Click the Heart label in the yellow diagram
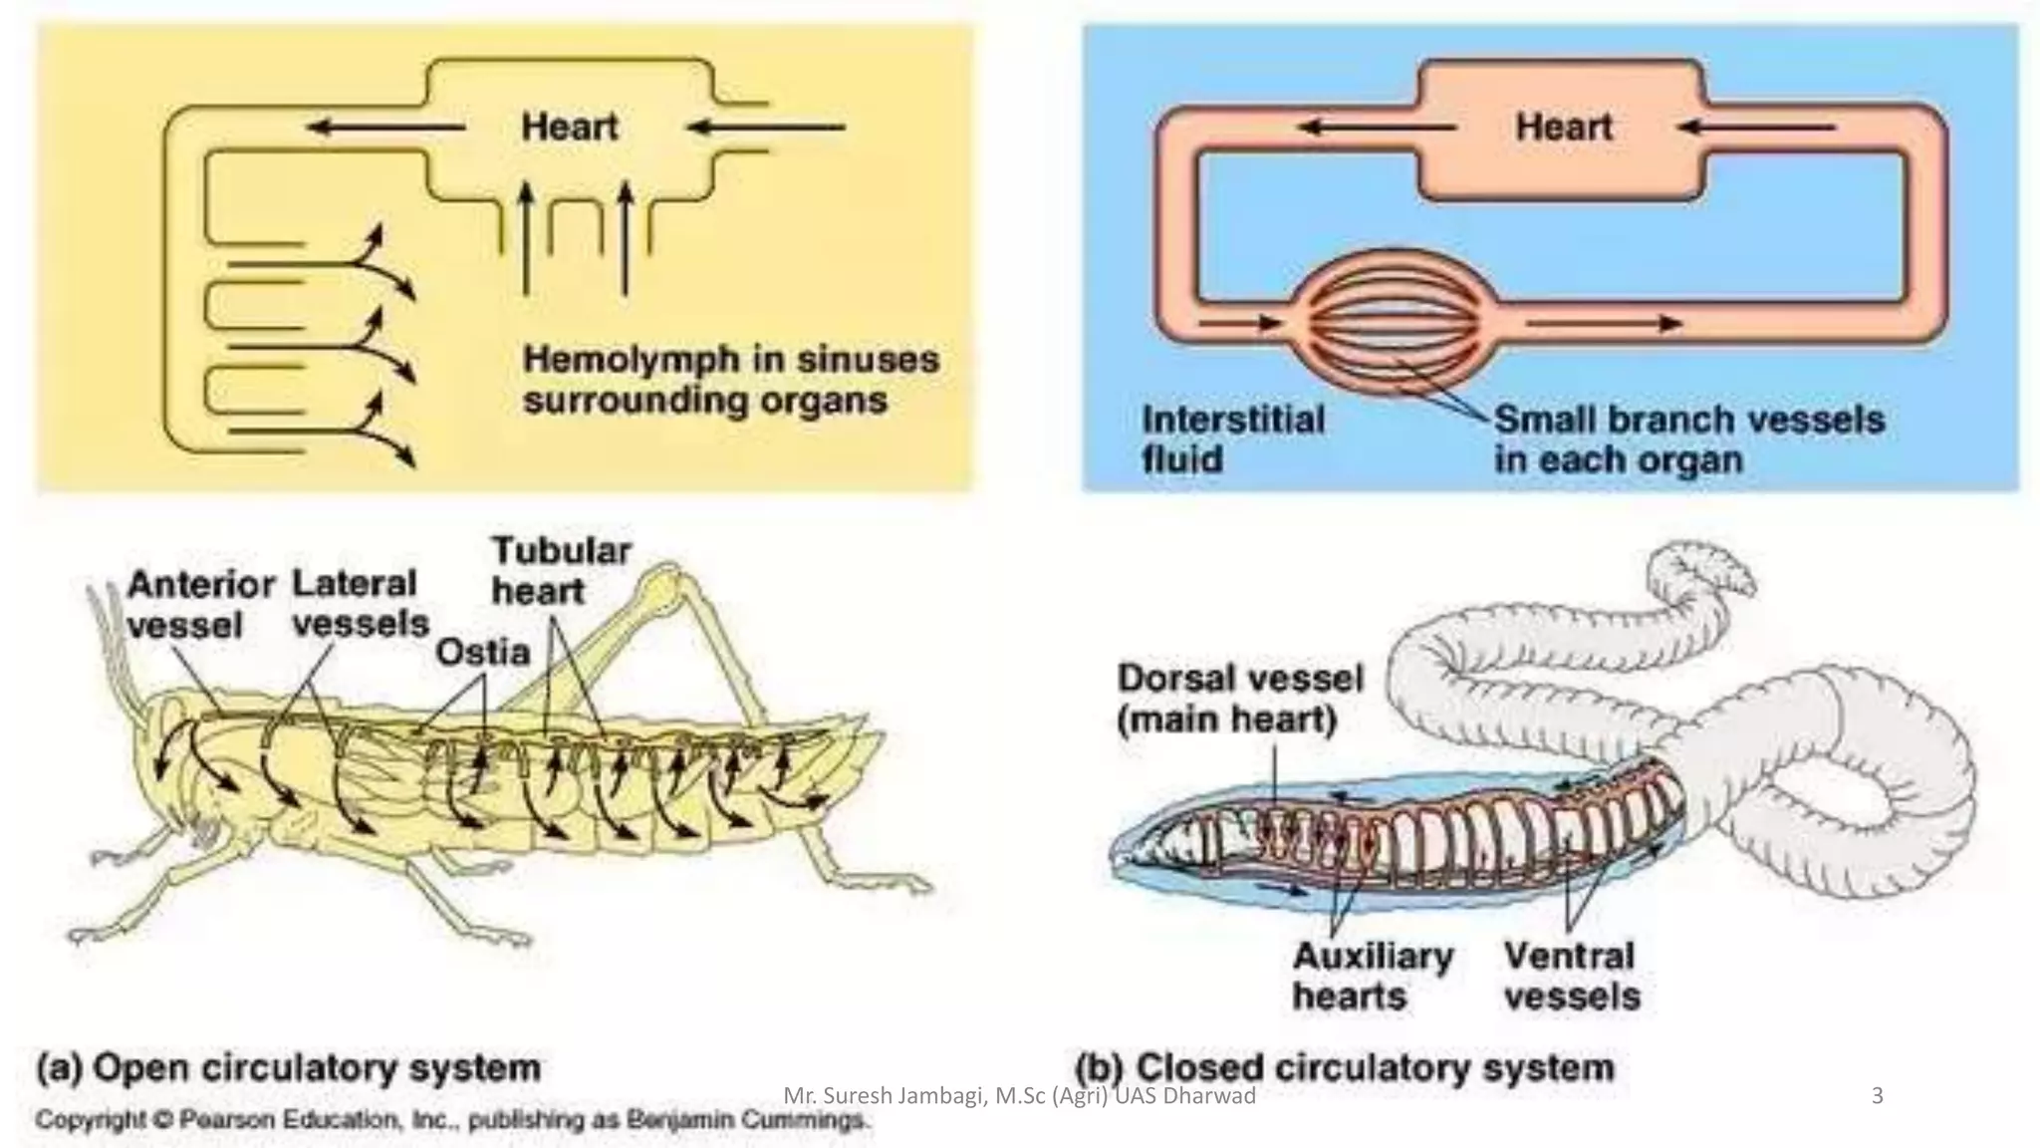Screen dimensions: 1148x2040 click(x=570, y=128)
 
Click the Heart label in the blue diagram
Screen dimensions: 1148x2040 click(x=1563, y=128)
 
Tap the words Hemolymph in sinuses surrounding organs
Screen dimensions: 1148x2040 click(x=730, y=380)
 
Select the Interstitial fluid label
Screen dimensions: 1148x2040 click(x=1232, y=438)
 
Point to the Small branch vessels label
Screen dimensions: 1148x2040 click(x=1689, y=438)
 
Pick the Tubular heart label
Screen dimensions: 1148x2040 click(x=561, y=571)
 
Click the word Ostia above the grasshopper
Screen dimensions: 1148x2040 click(x=483, y=653)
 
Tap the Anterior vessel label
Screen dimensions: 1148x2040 click(x=199, y=604)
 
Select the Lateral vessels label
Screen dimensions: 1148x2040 click(x=359, y=604)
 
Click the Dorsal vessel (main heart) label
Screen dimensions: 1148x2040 click(x=1239, y=698)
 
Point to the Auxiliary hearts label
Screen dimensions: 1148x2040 click(x=1372, y=976)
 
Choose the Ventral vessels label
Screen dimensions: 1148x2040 click(x=1571, y=976)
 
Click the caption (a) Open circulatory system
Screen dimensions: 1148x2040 click(x=289, y=1067)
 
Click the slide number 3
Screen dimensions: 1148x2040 click(x=1878, y=1096)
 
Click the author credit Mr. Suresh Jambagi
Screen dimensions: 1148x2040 click(x=1019, y=1096)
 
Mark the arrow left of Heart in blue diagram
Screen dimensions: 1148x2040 click(x=1378, y=128)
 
